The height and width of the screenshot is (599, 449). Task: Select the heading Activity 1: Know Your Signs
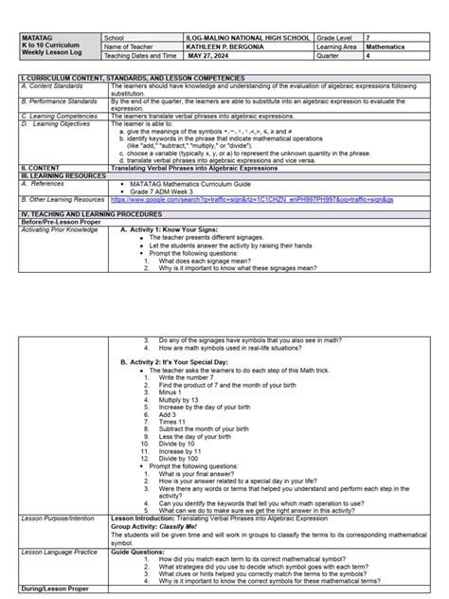(177, 229)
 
